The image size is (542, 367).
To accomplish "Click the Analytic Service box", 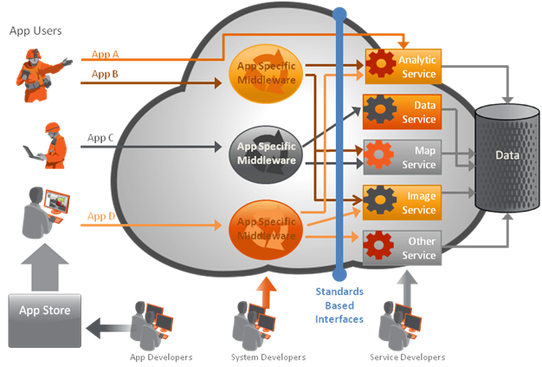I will click(x=403, y=66).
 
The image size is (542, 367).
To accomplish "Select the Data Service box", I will click(x=403, y=112).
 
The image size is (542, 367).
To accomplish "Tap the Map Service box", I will click(x=403, y=157).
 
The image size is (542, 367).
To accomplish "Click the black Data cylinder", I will click(x=506, y=157).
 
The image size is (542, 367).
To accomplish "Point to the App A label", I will click(x=105, y=54).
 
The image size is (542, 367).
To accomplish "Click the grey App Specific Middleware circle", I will click(x=267, y=153).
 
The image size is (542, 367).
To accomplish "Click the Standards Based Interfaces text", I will click(x=339, y=305).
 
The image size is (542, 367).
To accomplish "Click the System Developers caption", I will click(x=268, y=357).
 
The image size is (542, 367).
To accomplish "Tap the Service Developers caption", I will click(x=407, y=357).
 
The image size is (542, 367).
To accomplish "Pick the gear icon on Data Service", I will click(x=379, y=111).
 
